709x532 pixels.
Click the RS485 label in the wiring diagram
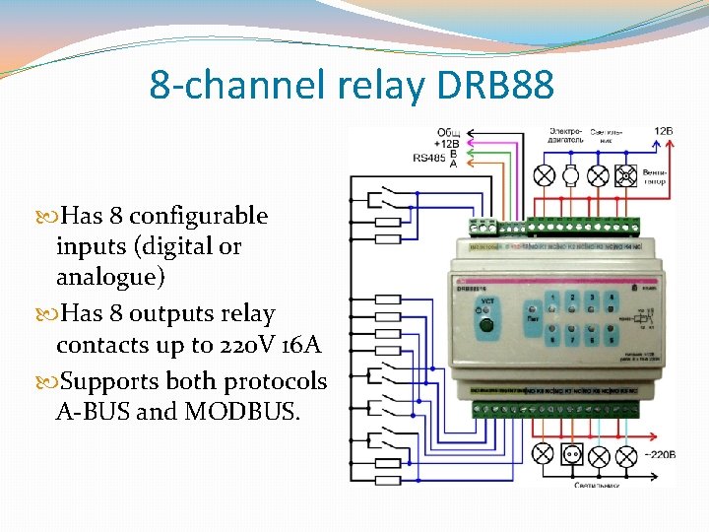point(429,157)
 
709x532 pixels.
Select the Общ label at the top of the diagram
point(449,132)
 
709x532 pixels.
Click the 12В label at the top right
point(664,131)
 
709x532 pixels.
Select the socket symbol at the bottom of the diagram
point(570,454)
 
